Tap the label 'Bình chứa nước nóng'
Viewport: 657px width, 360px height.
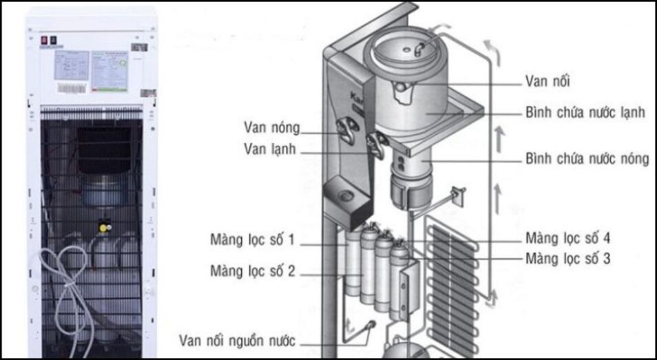point(587,159)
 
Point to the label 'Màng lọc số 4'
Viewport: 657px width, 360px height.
point(567,239)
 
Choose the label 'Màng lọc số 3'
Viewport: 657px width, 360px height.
point(567,260)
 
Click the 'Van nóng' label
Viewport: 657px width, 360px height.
point(272,127)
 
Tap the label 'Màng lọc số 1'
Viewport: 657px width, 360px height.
point(253,240)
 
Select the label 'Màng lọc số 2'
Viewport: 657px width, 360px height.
point(253,271)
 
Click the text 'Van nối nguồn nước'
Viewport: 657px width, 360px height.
point(237,340)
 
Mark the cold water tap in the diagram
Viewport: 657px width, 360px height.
point(376,145)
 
